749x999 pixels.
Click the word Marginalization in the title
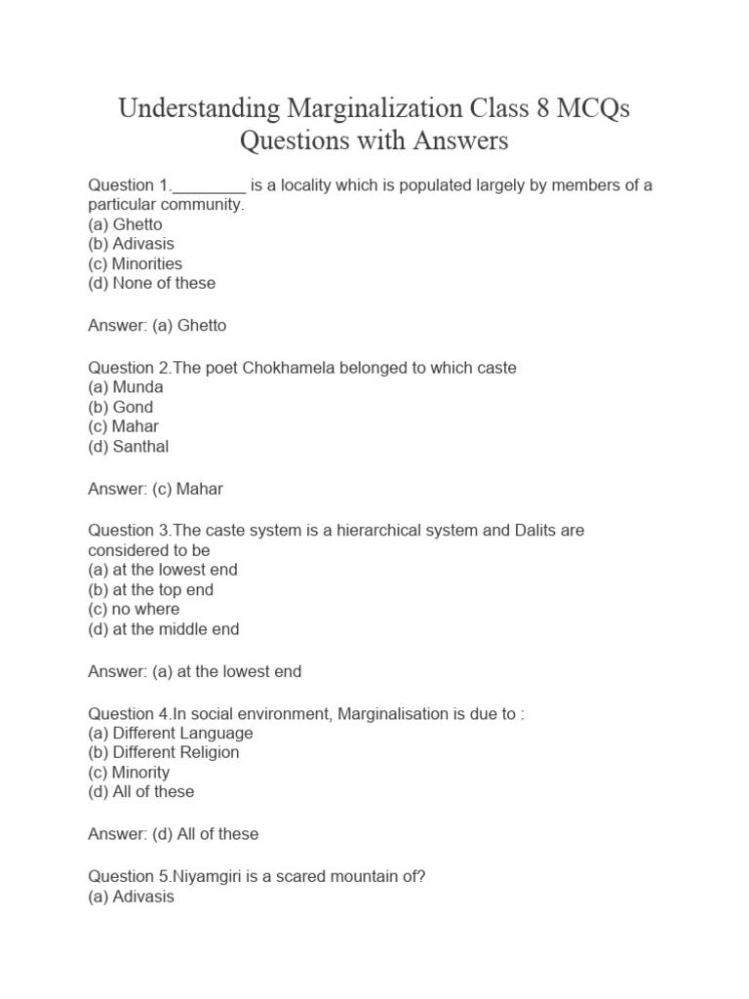point(376,108)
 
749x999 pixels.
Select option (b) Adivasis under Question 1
point(132,244)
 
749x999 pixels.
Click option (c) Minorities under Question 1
point(136,263)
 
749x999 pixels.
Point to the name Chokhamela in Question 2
point(303,368)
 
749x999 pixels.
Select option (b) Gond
point(121,407)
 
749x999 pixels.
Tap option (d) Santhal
point(129,447)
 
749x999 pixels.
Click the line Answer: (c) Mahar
point(156,489)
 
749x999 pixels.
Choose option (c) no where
point(135,609)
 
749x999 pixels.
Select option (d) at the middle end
point(164,629)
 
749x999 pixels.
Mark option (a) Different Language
point(171,733)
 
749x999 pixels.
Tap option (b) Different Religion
point(164,752)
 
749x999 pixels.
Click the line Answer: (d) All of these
point(174,834)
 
